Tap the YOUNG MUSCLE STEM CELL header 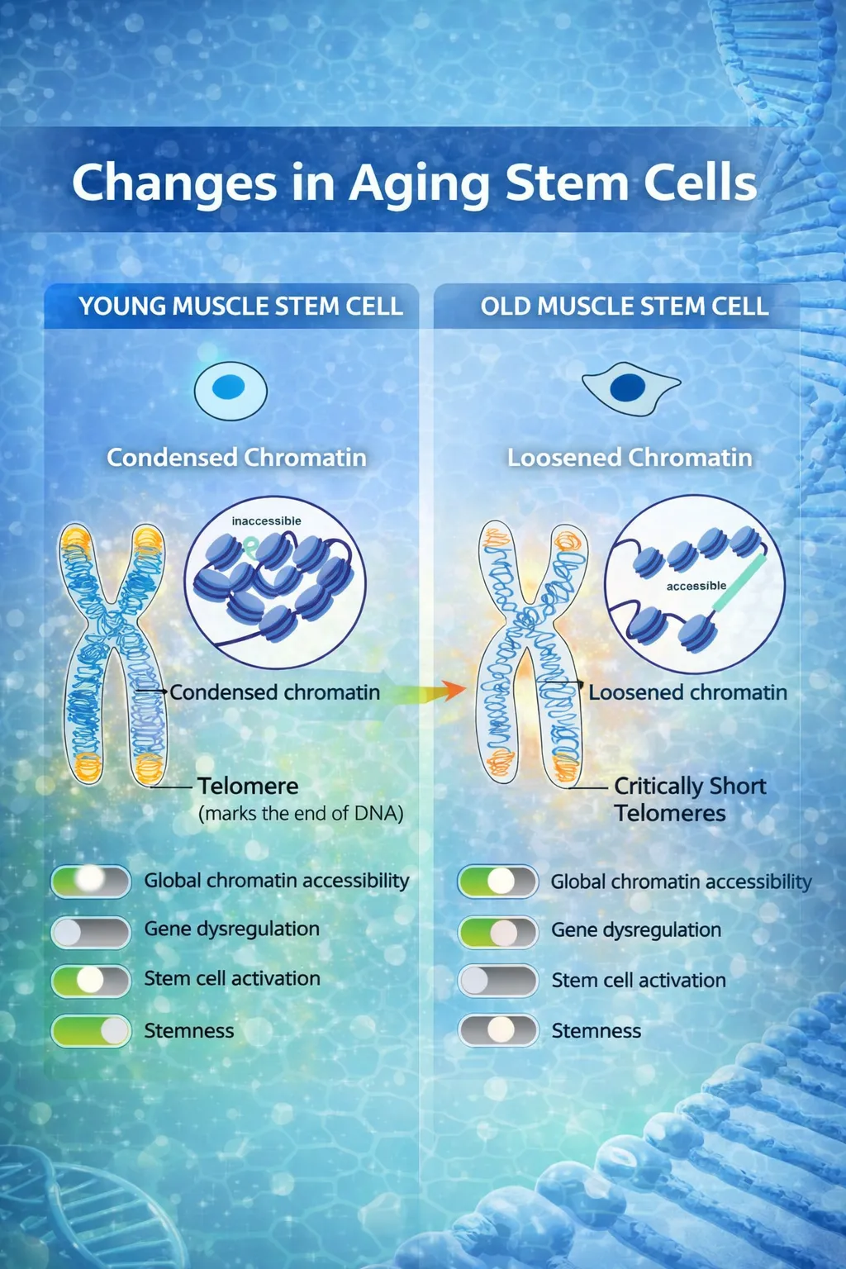(240, 307)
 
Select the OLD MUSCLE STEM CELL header (625, 307)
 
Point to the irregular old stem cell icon (630, 387)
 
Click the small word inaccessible (266, 521)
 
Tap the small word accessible (696, 586)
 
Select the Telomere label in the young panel (248, 786)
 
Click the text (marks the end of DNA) (301, 814)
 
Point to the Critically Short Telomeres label (689, 799)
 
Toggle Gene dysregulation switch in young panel (91, 932)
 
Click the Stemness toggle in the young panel (91, 1030)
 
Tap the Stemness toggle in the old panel (498, 1030)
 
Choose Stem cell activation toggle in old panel (498, 981)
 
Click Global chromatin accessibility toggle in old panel (498, 882)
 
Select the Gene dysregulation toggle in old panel (498, 932)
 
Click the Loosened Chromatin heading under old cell (630, 458)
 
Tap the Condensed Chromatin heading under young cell (236, 458)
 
